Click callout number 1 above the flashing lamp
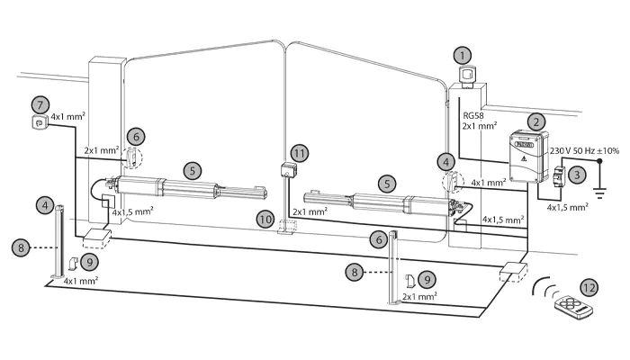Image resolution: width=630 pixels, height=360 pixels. point(463,55)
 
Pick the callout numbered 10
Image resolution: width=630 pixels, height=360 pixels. point(265,218)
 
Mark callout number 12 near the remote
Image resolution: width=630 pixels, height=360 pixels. point(588,287)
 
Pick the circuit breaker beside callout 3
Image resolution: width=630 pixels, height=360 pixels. point(557,177)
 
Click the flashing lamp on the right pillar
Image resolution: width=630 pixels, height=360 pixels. point(467,77)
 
